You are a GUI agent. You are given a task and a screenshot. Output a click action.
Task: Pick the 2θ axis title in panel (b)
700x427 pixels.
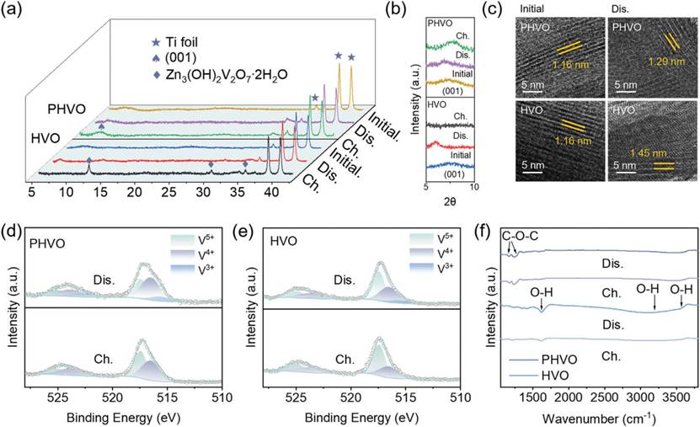coord(450,203)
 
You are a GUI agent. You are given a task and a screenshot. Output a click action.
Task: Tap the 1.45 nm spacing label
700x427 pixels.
coord(642,153)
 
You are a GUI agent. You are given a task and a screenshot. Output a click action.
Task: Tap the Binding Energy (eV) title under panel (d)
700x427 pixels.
coord(120,416)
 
